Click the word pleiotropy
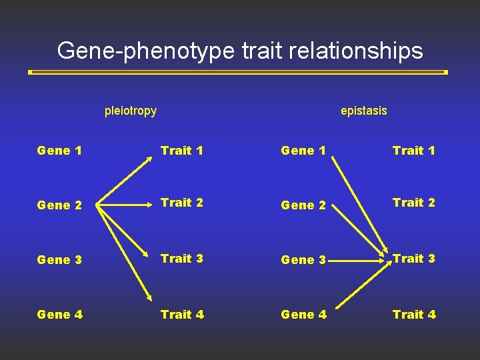tap(131, 111)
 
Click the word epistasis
tap(363, 111)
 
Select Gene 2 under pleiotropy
tap(59, 205)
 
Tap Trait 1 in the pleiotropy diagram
tap(181, 151)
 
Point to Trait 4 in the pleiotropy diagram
tap(182, 314)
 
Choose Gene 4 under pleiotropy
tap(59, 314)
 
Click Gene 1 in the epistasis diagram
tap(303, 151)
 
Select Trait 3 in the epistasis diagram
tap(414, 259)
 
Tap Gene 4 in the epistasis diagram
tap(304, 314)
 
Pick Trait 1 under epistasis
tap(414, 151)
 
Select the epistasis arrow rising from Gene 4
tap(361, 287)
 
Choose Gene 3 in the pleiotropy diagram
tap(59, 260)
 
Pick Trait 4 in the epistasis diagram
tap(414, 314)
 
